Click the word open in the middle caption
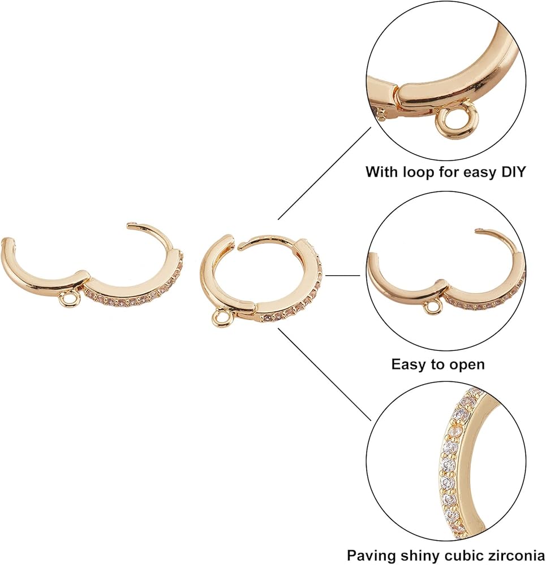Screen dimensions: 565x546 pyautogui.click(x=467, y=365)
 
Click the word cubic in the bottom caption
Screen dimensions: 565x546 pyautogui.click(x=466, y=554)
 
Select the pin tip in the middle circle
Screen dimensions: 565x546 pyautogui.click(x=476, y=230)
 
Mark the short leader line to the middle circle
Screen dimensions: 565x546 pyautogui.click(x=342, y=276)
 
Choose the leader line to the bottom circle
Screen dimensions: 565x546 pyautogui.click(x=325, y=375)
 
